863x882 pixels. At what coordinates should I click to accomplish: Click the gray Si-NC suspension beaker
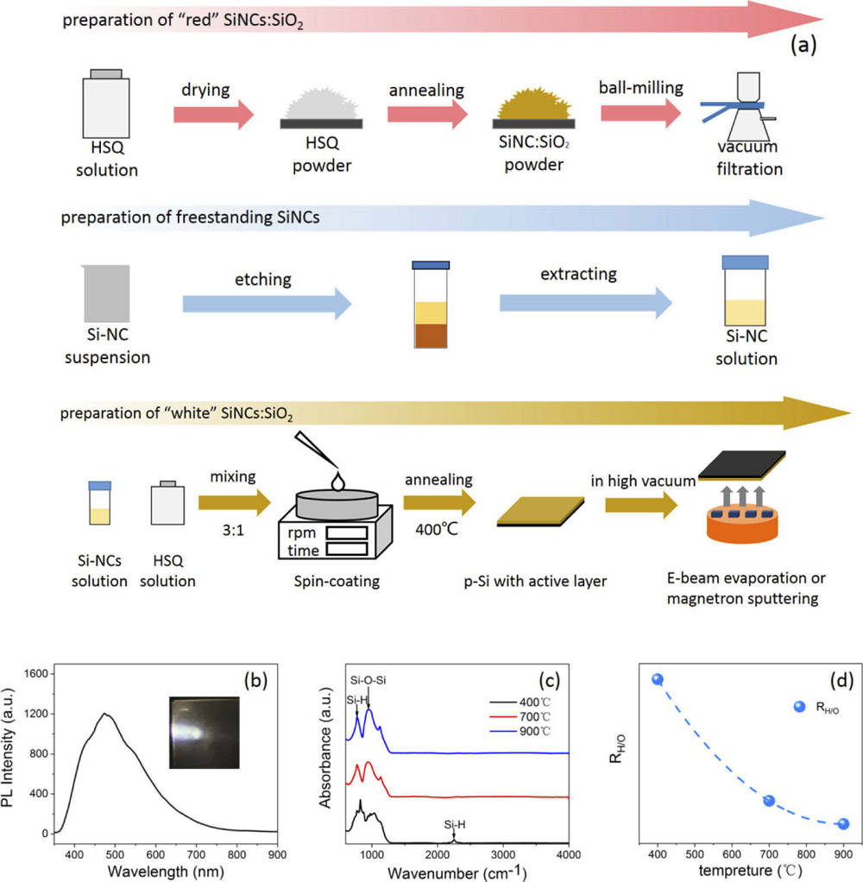(107, 293)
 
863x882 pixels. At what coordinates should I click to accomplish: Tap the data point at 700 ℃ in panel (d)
(769, 800)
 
